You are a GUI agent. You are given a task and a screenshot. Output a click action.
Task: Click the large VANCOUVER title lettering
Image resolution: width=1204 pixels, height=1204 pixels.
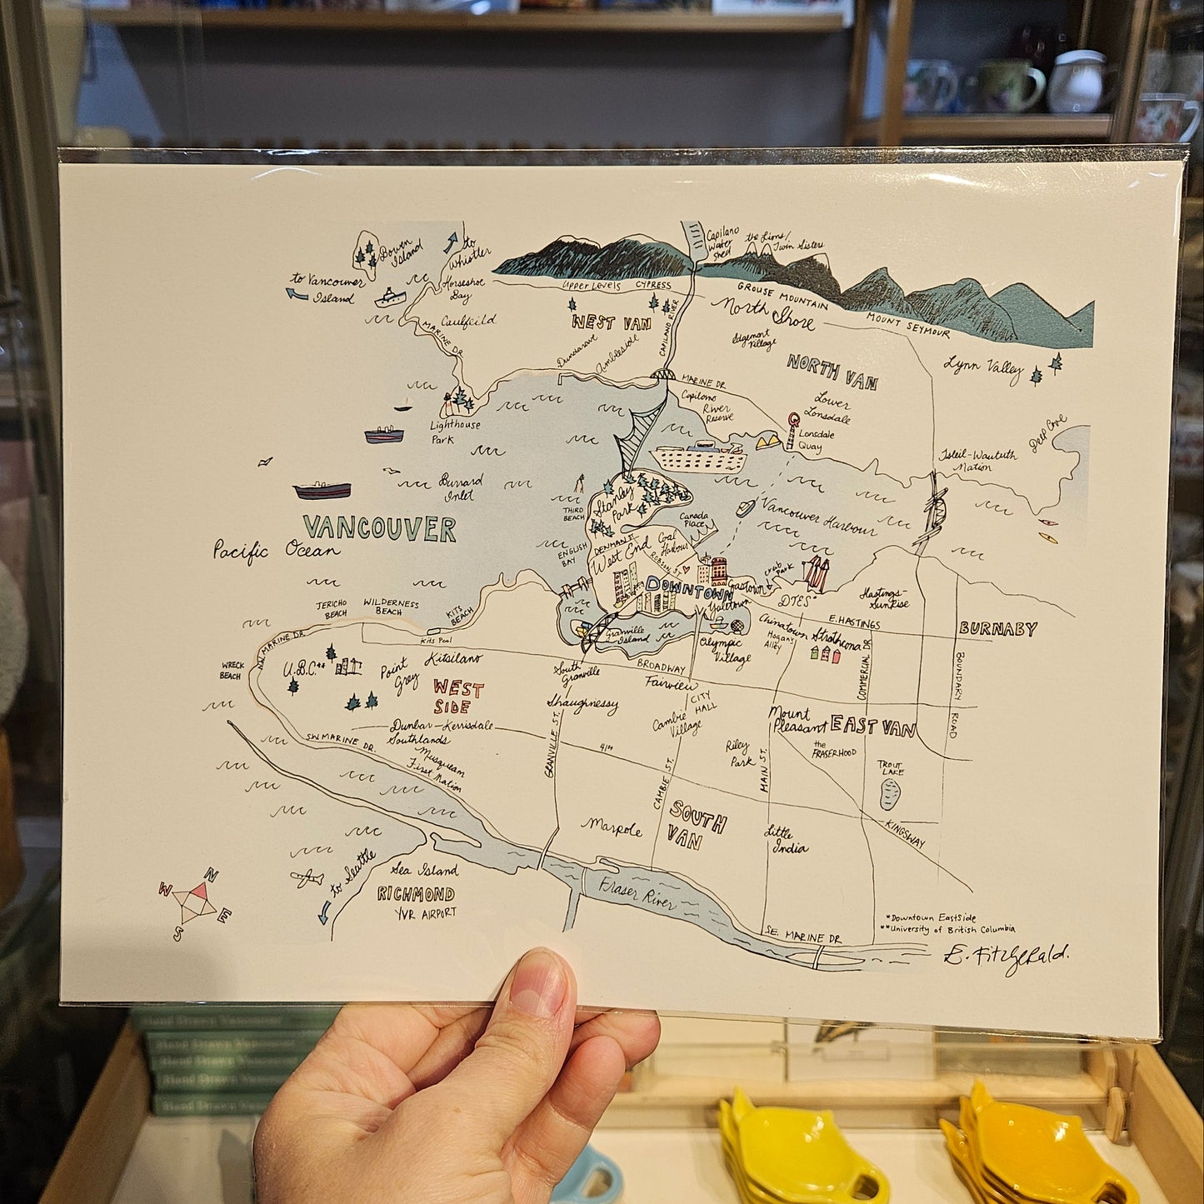[x=379, y=528]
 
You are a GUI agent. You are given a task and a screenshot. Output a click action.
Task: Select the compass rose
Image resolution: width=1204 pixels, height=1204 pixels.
[x=196, y=901]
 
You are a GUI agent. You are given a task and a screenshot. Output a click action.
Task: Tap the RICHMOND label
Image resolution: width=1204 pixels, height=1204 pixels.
[x=416, y=894]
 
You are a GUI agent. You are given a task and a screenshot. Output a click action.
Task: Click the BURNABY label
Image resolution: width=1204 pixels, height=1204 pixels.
[x=997, y=628]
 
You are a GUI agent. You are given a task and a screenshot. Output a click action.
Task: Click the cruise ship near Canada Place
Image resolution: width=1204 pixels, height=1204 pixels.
[x=698, y=458]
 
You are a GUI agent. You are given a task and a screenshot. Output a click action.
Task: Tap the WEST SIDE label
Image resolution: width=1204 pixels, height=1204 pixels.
[x=457, y=697]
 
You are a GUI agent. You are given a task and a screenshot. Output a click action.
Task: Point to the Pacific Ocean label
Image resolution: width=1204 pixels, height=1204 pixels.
[x=276, y=551]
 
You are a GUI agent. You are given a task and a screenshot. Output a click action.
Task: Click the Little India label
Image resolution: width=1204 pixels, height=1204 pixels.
[x=787, y=840]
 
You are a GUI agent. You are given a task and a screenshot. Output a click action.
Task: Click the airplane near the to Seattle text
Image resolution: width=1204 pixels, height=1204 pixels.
[x=307, y=877]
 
